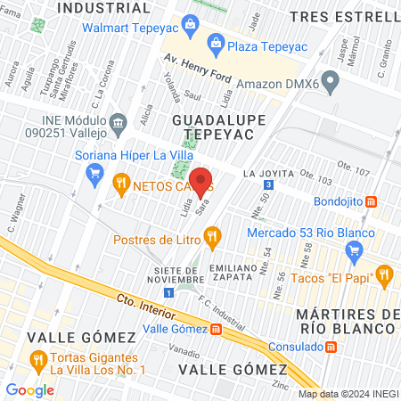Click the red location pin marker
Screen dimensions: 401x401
200,181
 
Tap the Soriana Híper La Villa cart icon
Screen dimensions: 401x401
95,175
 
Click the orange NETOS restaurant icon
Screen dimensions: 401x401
121,184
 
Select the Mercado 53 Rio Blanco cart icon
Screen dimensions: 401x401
355,250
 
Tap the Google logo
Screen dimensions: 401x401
30,389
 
